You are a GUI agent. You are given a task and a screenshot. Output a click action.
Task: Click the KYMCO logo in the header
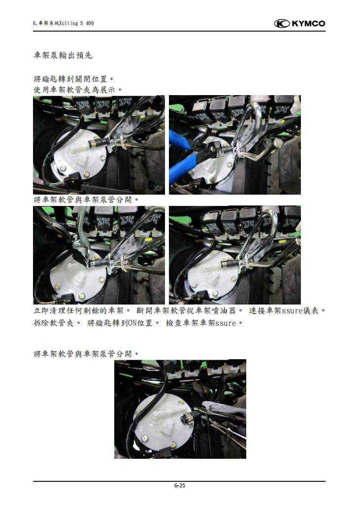click(x=299, y=23)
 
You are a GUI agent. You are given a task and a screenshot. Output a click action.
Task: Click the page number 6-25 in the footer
click(x=179, y=485)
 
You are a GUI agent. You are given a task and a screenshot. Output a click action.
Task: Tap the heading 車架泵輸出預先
click(x=63, y=55)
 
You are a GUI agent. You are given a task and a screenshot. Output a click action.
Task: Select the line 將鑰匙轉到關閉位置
click(x=73, y=79)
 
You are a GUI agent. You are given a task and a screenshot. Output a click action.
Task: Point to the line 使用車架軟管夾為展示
click(x=77, y=89)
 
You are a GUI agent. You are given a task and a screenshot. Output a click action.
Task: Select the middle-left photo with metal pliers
click(x=98, y=255)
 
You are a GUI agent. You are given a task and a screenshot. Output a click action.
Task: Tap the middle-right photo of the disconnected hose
click(x=234, y=255)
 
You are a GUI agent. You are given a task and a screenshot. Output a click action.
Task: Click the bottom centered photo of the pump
click(x=180, y=409)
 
